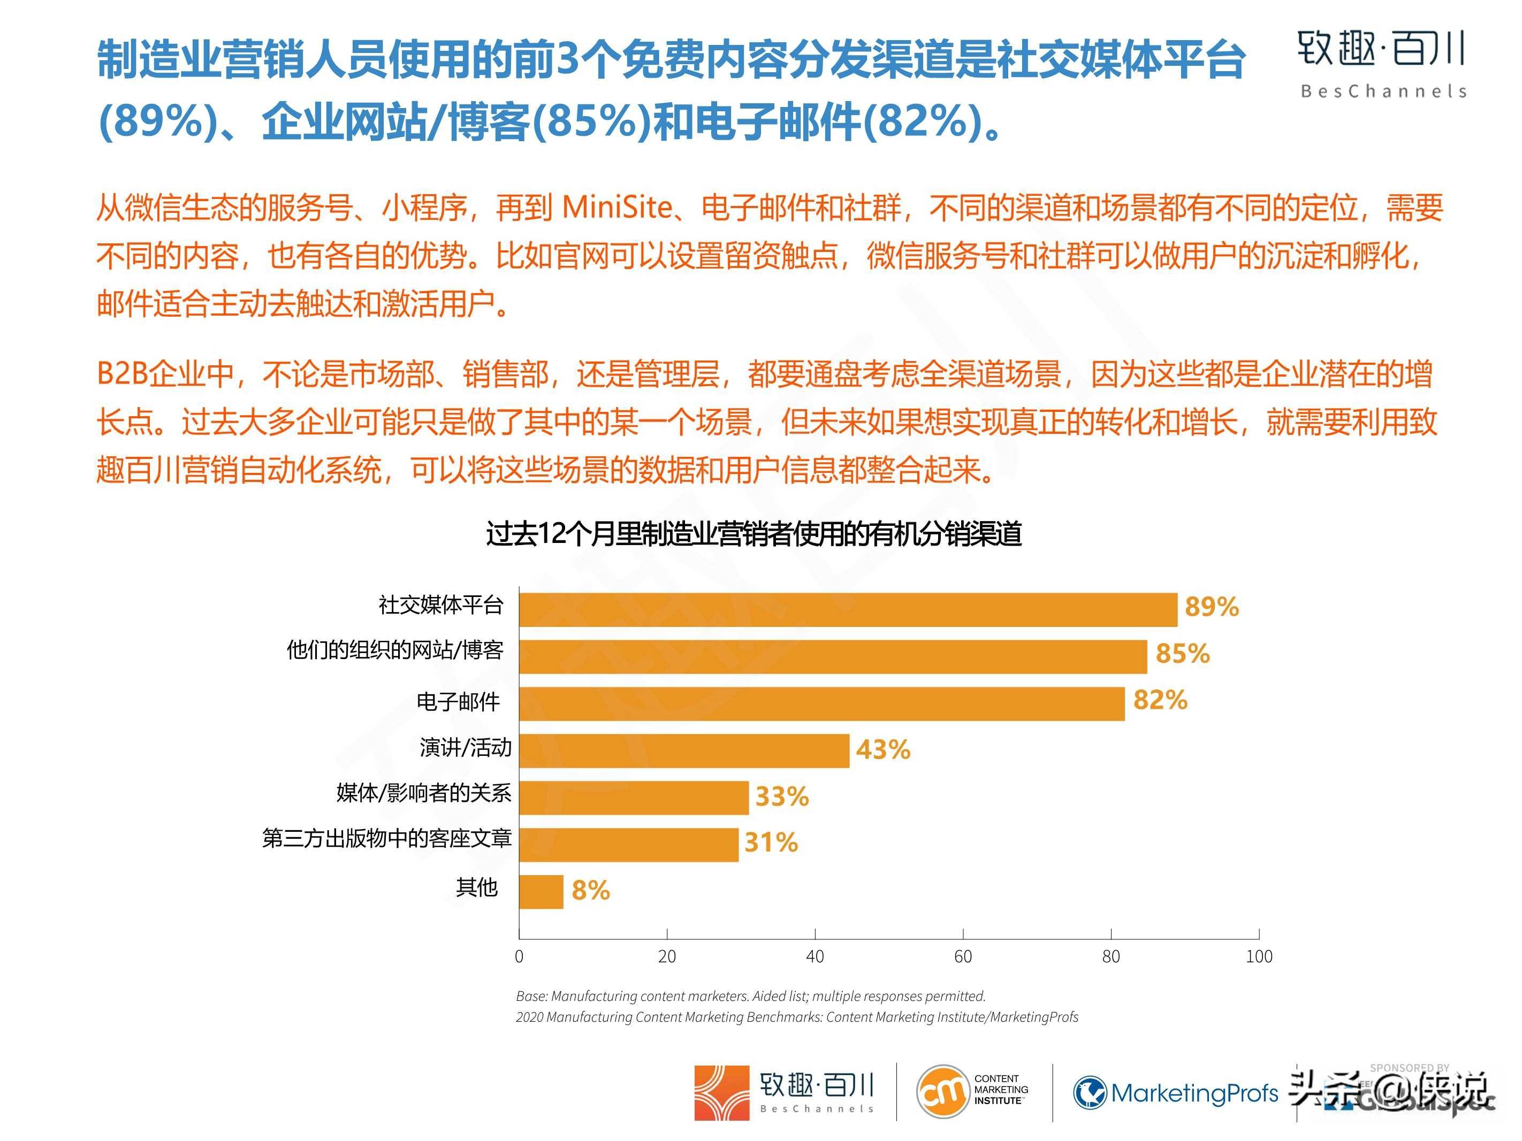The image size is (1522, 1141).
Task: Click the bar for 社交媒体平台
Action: [848, 610]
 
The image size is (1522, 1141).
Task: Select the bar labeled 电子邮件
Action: [821, 703]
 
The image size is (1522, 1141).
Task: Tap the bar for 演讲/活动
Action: [684, 751]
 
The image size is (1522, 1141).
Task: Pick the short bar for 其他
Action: [541, 891]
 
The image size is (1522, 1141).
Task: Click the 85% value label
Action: [1182, 653]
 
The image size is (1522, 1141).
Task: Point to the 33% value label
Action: [782, 797]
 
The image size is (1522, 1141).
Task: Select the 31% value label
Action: [771, 843]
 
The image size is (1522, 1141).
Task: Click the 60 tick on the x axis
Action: [963, 956]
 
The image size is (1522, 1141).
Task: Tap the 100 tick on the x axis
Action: [1259, 956]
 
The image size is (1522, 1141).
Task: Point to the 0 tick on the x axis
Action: [519, 956]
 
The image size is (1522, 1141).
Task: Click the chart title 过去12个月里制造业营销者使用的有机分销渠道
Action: [754, 534]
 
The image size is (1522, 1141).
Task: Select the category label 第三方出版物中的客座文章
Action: [387, 838]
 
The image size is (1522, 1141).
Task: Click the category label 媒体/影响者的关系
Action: [424, 792]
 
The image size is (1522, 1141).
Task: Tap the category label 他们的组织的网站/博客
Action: [395, 650]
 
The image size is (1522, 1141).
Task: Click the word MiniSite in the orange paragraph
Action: [617, 207]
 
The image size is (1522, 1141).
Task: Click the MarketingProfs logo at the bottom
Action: [1175, 1092]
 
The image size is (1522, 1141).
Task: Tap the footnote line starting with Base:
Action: [751, 996]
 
